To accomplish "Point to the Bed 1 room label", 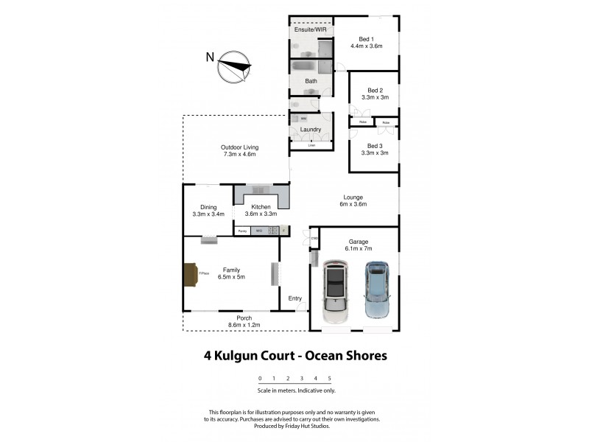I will click(x=367, y=39).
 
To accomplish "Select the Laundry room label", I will click(x=311, y=130).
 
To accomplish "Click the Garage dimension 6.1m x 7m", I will click(x=359, y=249).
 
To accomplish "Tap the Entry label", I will click(x=294, y=298).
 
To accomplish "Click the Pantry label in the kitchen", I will click(x=241, y=231).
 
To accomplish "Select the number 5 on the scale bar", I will click(x=329, y=379).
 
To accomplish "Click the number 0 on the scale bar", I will click(x=259, y=379).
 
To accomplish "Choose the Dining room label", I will click(x=208, y=207).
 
